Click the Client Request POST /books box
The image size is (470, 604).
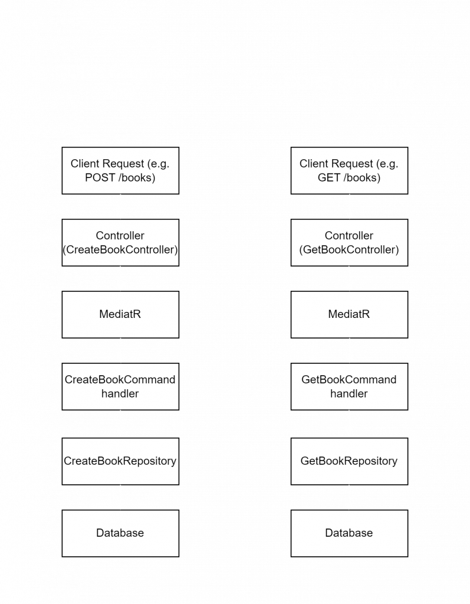tap(120, 170)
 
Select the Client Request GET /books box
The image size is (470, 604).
tap(349, 170)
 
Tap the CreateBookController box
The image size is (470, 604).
tap(120, 242)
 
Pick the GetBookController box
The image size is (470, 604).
tap(349, 242)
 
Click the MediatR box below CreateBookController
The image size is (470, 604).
tap(120, 315)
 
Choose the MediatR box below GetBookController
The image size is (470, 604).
tap(349, 315)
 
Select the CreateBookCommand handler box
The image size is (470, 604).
tap(120, 386)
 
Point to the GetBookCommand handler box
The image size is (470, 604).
tap(349, 386)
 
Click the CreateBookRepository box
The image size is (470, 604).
tap(120, 461)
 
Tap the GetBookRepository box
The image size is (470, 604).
tap(349, 461)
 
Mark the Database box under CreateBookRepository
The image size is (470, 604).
tap(120, 533)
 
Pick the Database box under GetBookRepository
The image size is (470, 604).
tap(349, 533)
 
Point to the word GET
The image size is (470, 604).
tap(329, 178)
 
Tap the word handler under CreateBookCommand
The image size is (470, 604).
tap(120, 393)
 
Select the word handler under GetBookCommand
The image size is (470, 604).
tap(349, 393)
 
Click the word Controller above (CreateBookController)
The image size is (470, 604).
tap(120, 235)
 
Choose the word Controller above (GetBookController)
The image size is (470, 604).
tap(349, 235)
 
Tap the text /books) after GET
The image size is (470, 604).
tap(361, 178)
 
